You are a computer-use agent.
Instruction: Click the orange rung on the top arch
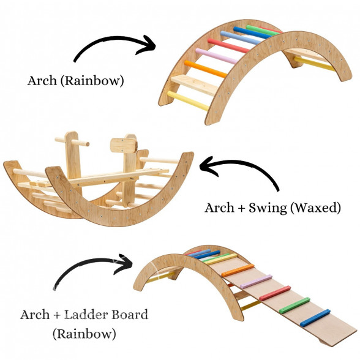click(206, 69)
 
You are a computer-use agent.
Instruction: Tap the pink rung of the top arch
click(216, 56)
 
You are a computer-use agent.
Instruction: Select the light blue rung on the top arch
click(241, 38)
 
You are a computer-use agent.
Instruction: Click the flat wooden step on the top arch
click(195, 84)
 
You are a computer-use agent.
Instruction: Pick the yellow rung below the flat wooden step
click(188, 100)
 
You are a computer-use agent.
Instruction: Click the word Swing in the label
click(268, 208)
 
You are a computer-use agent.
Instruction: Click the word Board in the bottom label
click(130, 315)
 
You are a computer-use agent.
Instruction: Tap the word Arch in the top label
click(42, 81)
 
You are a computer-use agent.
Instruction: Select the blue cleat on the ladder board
click(315, 318)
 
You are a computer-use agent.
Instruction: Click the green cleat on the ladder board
click(294, 306)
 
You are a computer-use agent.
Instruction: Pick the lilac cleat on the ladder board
click(256, 282)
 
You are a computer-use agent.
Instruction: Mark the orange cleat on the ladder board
click(238, 271)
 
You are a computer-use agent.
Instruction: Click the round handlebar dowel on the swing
click(72, 142)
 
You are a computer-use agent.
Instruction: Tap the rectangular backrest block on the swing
click(124, 146)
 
